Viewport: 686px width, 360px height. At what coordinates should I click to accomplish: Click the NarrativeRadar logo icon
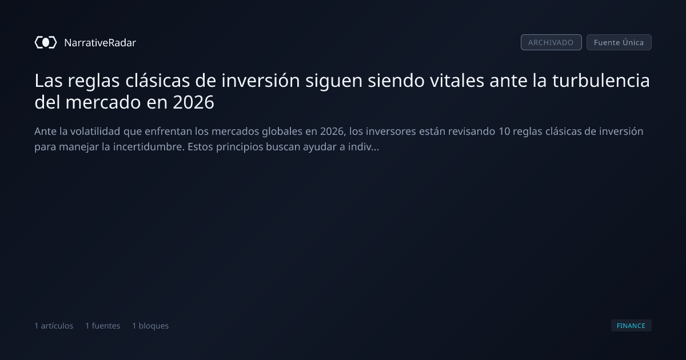pyautogui.click(x=46, y=42)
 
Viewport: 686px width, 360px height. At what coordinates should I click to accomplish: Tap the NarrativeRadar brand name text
pyautogui.click(x=100, y=42)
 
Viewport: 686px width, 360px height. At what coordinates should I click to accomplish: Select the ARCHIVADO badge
pyautogui.click(x=551, y=42)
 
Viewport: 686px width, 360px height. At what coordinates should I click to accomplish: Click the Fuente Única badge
pyautogui.click(x=619, y=42)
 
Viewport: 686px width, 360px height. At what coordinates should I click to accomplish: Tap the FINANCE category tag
pyautogui.click(x=631, y=325)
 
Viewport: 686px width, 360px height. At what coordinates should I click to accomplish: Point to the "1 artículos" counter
pyautogui.click(x=54, y=326)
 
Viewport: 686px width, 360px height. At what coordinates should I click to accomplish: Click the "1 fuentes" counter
pyautogui.click(x=102, y=326)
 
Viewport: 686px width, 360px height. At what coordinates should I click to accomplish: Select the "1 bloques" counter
pyautogui.click(x=150, y=326)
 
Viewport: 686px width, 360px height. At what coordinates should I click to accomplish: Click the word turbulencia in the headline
pyautogui.click(x=601, y=81)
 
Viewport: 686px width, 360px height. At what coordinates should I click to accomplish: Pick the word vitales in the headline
pyautogui.click(x=457, y=81)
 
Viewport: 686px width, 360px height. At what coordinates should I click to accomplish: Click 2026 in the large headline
pyautogui.click(x=193, y=102)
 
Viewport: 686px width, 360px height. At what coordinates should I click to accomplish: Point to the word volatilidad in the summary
pyautogui.click(x=95, y=131)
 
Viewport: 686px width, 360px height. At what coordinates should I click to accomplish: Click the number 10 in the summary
pyautogui.click(x=504, y=131)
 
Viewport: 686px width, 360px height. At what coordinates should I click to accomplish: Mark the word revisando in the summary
pyautogui.click(x=472, y=131)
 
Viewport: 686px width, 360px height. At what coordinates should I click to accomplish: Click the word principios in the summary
pyautogui.click(x=240, y=147)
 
